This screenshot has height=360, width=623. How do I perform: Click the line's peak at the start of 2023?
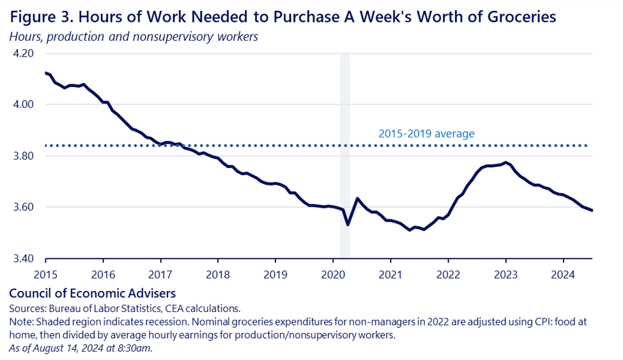(505, 162)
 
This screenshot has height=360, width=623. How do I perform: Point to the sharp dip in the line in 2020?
(348, 224)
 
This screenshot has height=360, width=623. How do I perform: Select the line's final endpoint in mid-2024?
(592, 210)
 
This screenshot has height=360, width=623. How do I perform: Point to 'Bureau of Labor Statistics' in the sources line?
(103, 308)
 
